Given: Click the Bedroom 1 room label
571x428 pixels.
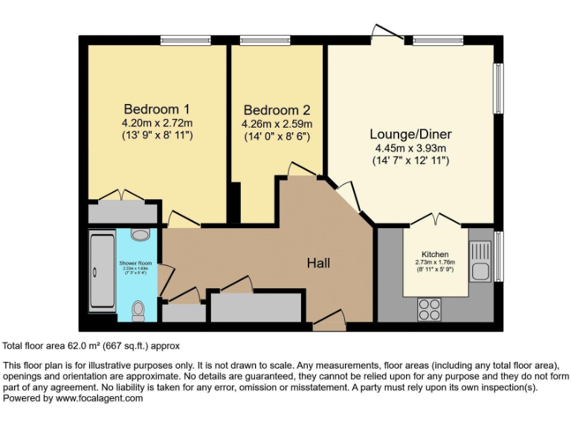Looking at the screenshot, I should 158,108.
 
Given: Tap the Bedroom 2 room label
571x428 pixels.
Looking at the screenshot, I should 277,109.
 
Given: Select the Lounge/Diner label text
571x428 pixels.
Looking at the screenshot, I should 410,134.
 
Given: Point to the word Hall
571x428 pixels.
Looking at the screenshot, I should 318,263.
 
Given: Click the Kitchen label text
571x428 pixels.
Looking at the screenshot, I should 435,253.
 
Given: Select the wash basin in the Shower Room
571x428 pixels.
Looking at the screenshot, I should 139,235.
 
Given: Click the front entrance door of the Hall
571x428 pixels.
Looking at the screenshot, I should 329,322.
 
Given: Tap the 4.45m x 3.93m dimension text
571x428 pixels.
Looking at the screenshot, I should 410,148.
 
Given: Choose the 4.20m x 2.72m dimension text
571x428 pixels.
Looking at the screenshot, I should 158,123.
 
